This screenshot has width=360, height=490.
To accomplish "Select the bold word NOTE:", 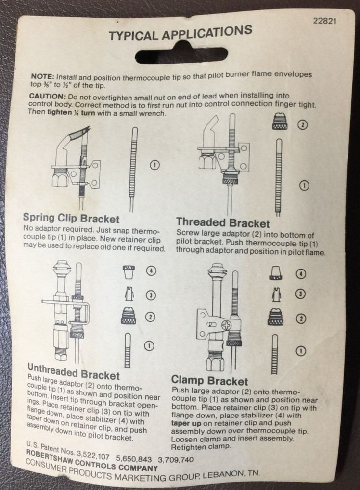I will pos(43,77).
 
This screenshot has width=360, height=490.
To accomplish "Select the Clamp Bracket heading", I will pos(209,380).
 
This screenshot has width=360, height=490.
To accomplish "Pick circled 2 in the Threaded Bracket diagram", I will pos(303,124).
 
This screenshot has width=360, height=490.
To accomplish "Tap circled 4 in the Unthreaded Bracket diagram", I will pos(151,269).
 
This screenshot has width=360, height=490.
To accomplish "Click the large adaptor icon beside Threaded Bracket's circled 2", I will pos(279,123).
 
